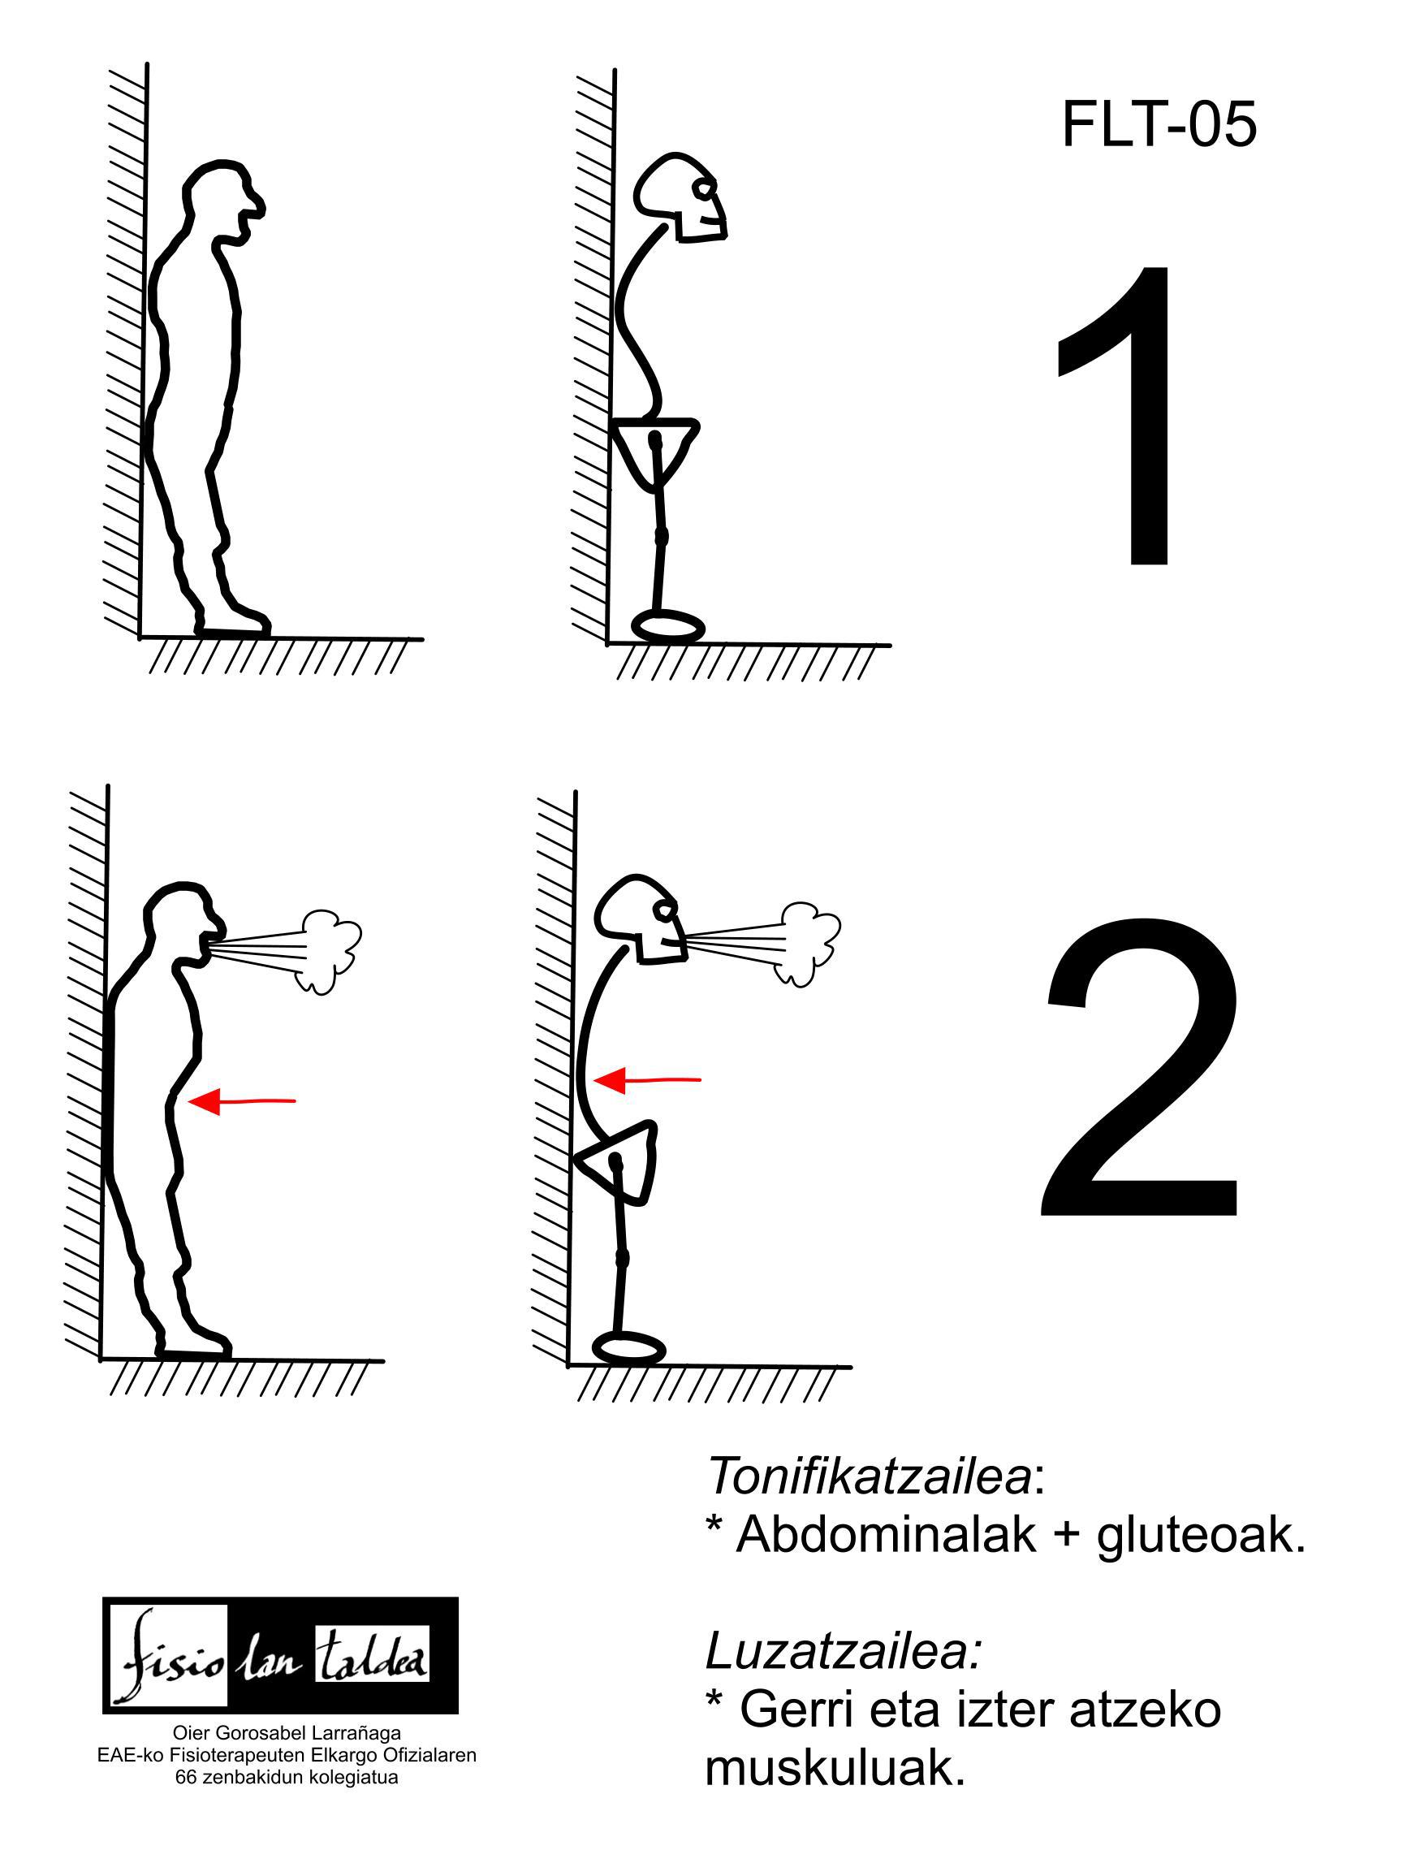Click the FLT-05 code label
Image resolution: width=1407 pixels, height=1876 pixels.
tap(1158, 123)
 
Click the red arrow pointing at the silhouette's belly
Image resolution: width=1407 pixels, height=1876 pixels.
tap(242, 1102)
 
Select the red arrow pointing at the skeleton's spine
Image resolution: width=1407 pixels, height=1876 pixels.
tap(647, 1080)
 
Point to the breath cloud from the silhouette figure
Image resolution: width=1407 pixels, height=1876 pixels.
tap(328, 951)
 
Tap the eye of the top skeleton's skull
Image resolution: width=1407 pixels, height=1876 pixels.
tap(703, 189)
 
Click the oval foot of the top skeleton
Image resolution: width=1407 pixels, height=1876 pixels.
tap(668, 627)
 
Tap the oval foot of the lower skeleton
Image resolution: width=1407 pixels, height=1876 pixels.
tap(628, 1347)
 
